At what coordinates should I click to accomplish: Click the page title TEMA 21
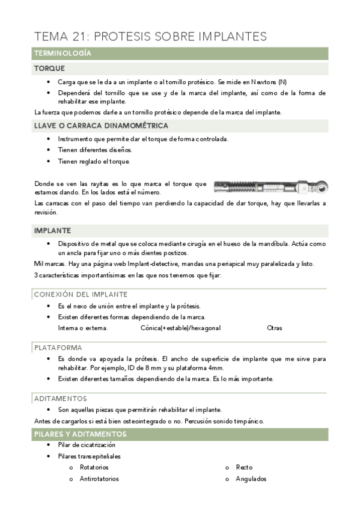tap(150, 36)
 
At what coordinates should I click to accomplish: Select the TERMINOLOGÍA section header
tap(63, 54)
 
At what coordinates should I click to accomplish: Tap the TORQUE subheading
tap(49, 69)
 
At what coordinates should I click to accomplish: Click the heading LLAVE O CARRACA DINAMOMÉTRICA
tap(101, 126)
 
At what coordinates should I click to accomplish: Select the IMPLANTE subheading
tap(52, 230)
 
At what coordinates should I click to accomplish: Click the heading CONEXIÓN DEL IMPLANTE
tap(81, 294)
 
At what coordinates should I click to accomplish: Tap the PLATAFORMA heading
tap(58, 347)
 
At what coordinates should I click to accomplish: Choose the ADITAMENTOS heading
tap(61, 398)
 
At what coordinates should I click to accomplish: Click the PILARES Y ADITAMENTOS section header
tap(80, 434)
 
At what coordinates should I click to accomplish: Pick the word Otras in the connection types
tap(274, 328)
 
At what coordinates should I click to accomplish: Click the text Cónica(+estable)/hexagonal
tap(180, 328)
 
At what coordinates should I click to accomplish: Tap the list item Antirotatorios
tap(99, 479)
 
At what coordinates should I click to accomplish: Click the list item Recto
tap(244, 467)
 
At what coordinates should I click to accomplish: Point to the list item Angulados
tap(251, 479)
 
